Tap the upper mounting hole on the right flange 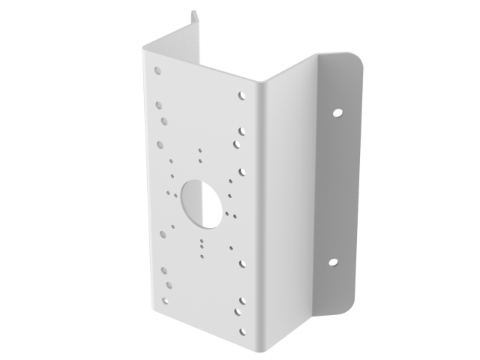click(337, 112)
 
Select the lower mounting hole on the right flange click(333, 263)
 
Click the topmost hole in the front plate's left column click(157, 71)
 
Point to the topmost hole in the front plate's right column click(242, 96)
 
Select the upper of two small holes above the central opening click(200, 151)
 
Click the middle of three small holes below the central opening click(201, 243)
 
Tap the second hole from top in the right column click(242, 129)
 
